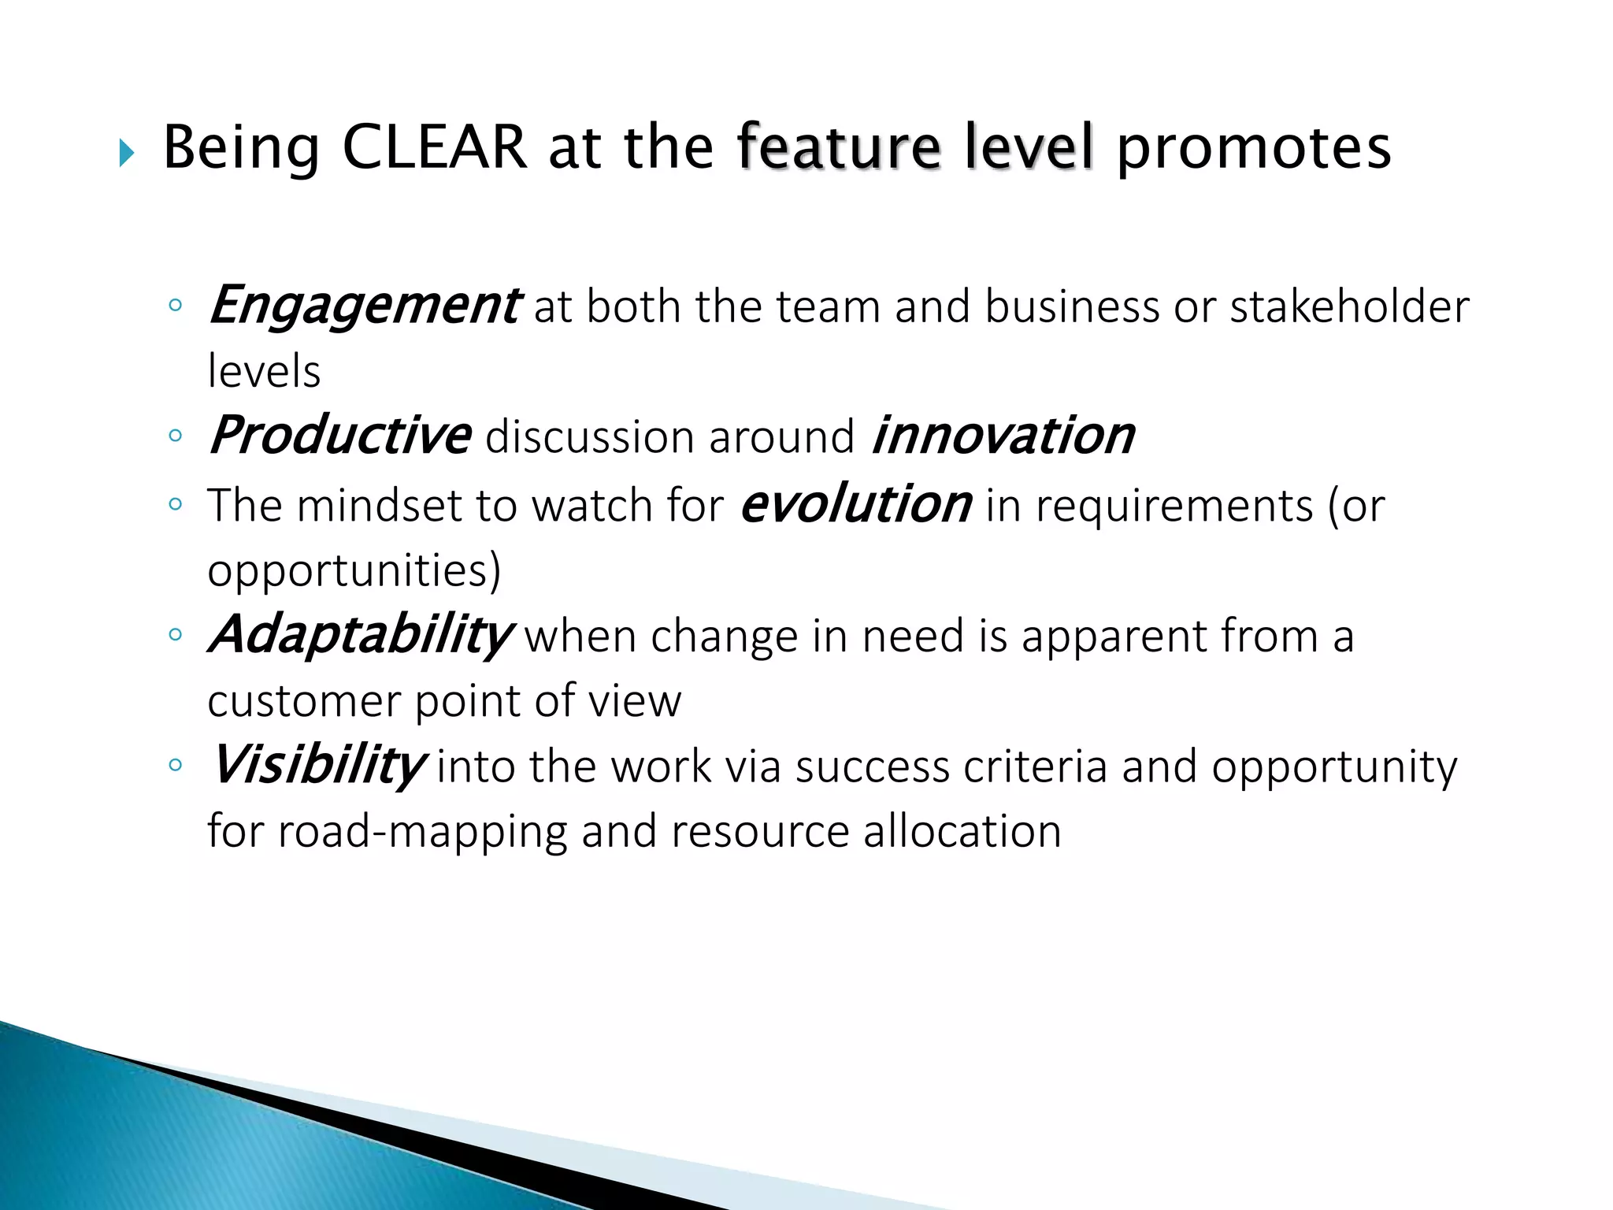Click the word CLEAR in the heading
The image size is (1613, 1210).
point(434,147)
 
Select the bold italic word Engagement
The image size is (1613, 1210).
point(363,306)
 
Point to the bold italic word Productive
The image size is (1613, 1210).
point(339,436)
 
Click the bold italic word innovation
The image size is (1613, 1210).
point(1003,436)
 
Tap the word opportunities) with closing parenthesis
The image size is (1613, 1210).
point(354,570)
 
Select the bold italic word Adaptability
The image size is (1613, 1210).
point(359,635)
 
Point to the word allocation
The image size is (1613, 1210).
point(962,832)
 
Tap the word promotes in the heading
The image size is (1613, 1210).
point(1254,147)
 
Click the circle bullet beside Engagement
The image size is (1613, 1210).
point(175,306)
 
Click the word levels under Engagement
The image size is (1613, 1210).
point(264,371)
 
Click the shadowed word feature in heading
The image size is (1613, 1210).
point(839,147)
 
